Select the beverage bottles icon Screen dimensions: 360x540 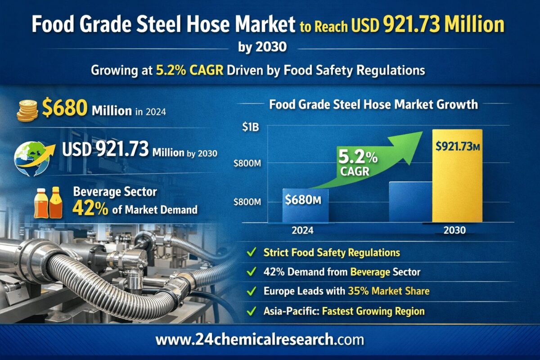tap(47, 202)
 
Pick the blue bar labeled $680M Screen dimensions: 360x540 tap(305, 205)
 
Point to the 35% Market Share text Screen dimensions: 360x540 tap(388, 291)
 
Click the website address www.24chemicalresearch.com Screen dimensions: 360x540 tap(260, 339)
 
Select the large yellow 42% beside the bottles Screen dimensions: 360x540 tap(90, 209)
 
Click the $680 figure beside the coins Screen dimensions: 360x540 tap(65, 110)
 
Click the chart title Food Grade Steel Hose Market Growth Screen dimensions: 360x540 tap(373, 105)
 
